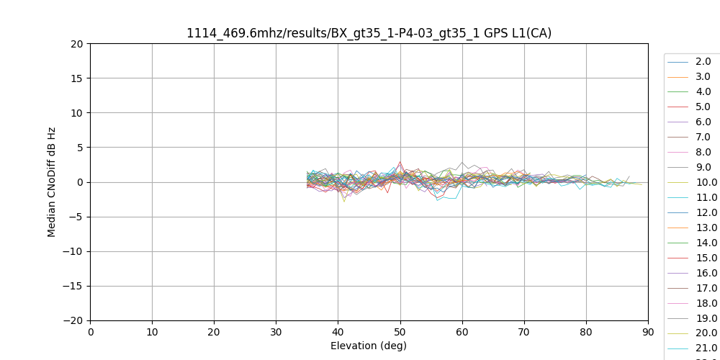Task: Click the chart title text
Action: (x=369, y=33)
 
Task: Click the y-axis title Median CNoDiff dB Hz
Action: (x=52, y=182)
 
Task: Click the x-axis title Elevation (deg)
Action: (x=369, y=346)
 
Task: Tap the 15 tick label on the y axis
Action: (x=77, y=78)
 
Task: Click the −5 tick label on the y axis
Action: (x=76, y=217)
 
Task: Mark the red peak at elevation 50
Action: (x=400, y=161)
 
